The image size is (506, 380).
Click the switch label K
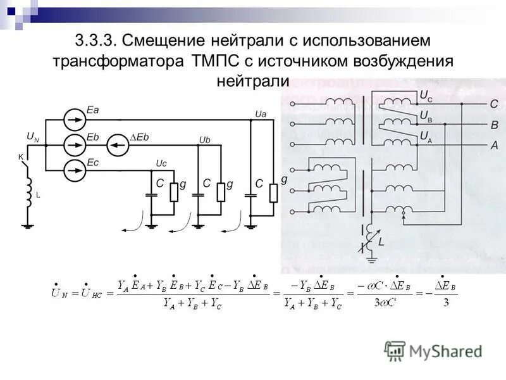tap(20, 156)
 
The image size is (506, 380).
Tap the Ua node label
tap(259, 113)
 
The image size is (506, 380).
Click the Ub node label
tap(204, 139)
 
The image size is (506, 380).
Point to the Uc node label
tap(161, 163)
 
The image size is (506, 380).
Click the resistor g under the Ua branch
tap(273, 193)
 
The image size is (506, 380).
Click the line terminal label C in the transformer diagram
tap(494, 104)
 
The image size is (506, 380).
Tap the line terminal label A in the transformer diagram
tap(494, 145)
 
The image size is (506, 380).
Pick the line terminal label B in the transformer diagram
tap(494, 125)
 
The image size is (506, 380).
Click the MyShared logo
tap(434, 351)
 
